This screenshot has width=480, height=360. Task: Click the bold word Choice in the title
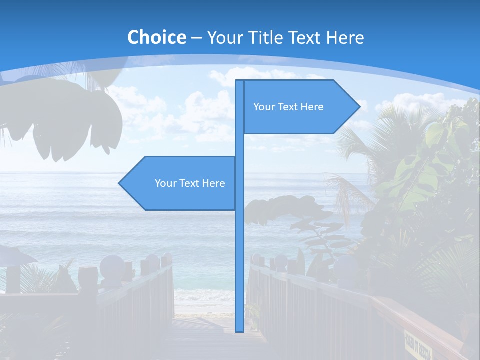point(156,37)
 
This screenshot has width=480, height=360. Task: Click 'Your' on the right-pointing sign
point(263,107)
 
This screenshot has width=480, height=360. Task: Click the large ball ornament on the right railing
point(281,262)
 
